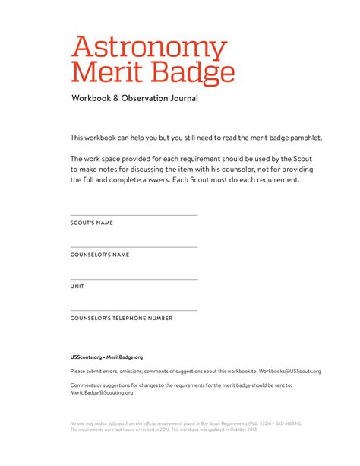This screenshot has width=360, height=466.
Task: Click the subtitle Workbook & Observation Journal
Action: [x=134, y=98]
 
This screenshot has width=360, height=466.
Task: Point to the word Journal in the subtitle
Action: [x=182, y=98]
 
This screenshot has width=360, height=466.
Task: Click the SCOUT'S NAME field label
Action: [x=92, y=223]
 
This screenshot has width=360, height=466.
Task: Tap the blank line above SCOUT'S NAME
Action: [x=134, y=215]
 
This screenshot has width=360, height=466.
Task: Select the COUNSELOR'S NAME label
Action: [x=99, y=255]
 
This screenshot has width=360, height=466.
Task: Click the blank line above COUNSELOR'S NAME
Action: [x=134, y=247]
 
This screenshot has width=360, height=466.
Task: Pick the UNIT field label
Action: [x=77, y=287]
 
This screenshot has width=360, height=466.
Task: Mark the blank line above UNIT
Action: [x=134, y=279]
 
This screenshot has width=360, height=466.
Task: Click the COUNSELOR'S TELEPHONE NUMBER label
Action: [x=122, y=319]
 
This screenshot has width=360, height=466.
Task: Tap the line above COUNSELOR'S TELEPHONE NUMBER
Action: [x=134, y=311]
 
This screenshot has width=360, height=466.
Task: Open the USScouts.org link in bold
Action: [x=86, y=357]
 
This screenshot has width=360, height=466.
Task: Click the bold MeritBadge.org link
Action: [x=125, y=357]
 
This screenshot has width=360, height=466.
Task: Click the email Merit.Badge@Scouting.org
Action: [x=102, y=392]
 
